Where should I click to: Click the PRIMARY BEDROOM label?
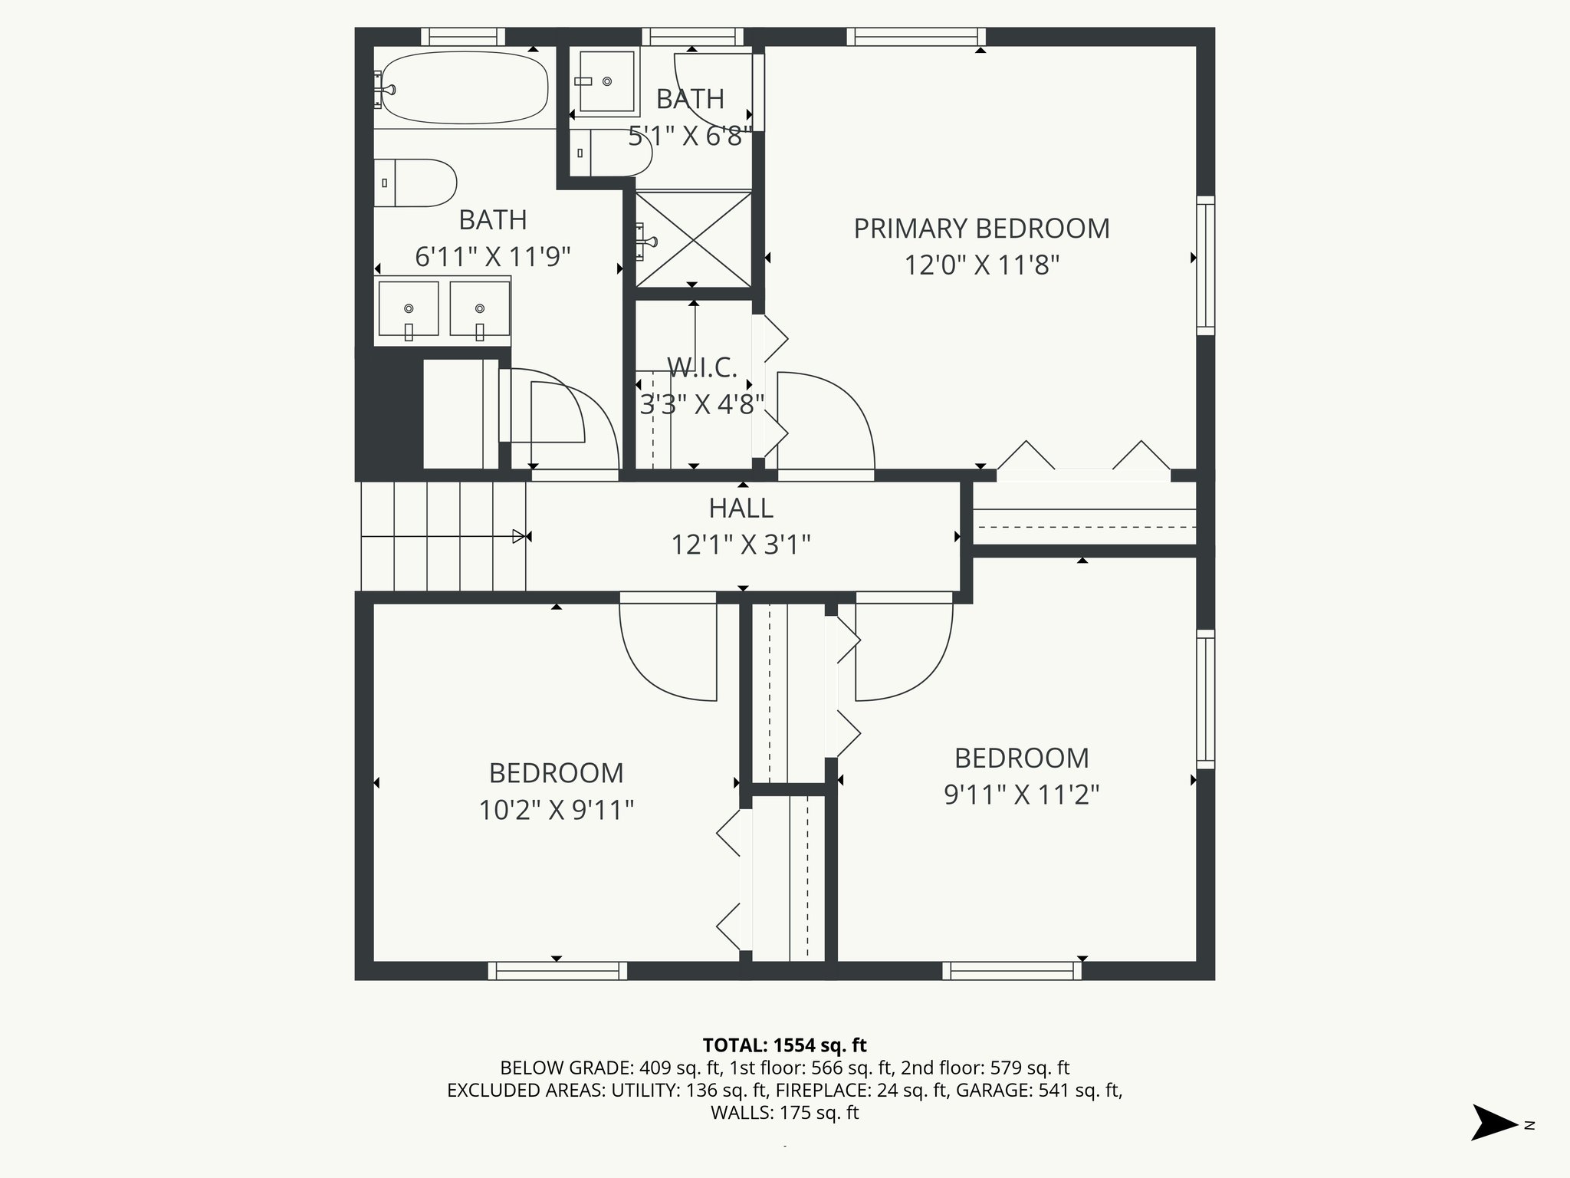[x=981, y=229]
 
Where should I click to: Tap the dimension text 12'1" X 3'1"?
[x=741, y=545]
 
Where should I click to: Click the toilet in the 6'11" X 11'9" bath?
[x=415, y=183]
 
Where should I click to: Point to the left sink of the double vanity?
[x=408, y=308]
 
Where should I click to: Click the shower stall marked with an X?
[x=694, y=239]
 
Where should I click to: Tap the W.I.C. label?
[x=701, y=368]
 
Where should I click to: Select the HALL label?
[x=741, y=508]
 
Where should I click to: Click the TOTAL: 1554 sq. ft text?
[x=784, y=1045]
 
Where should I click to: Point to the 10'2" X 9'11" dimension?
[x=556, y=810]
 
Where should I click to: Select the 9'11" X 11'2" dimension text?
[x=1021, y=795]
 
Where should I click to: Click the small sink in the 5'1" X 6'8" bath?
[x=606, y=81]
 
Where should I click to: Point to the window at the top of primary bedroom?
[x=916, y=37]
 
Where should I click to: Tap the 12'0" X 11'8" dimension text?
[x=981, y=265]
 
